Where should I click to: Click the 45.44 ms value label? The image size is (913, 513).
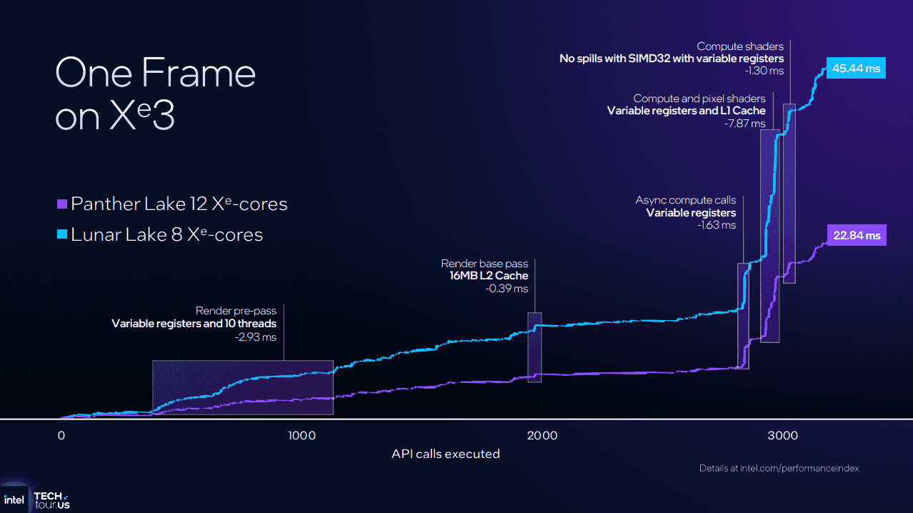[856, 69]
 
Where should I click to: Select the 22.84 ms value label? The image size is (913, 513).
[857, 236]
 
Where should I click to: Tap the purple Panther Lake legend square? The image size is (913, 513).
[62, 204]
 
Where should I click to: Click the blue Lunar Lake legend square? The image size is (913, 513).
[62, 234]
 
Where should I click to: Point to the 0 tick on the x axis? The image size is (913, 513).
[61, 435]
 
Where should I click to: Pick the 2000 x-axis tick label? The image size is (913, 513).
[542, 435]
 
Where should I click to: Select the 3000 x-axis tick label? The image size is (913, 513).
[782, 435]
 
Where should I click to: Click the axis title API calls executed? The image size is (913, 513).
[445, 454]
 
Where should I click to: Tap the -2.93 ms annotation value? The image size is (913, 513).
[256, 337]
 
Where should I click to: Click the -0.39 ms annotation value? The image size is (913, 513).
[508, 289]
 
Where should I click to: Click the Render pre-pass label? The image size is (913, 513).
[236, 311]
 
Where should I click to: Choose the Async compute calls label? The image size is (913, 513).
[685, 200]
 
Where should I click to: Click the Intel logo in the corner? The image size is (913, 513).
[14, 499]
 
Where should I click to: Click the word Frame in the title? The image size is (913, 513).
[198, 73]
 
